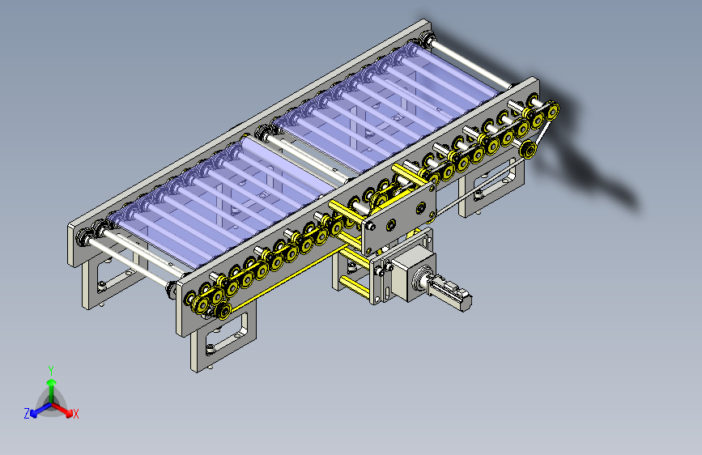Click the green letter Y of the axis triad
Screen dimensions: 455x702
click(51, 369)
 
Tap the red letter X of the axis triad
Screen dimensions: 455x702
click(76, 414)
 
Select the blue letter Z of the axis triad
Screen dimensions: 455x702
click(26, 414)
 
